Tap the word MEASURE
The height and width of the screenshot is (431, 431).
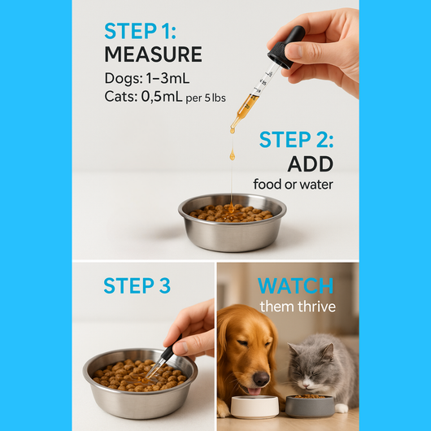pos(153,55)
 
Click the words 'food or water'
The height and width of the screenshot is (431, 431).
pos(293,185)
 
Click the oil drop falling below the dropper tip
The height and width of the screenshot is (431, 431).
pos(232,153)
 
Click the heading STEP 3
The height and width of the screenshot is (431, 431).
pos(137,285)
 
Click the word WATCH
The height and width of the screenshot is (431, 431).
pos(295,285)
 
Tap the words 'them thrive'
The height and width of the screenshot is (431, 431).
pos(297,307)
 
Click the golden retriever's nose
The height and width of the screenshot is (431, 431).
pos(262,379)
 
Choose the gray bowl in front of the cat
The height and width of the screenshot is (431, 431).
pos(309,405)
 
